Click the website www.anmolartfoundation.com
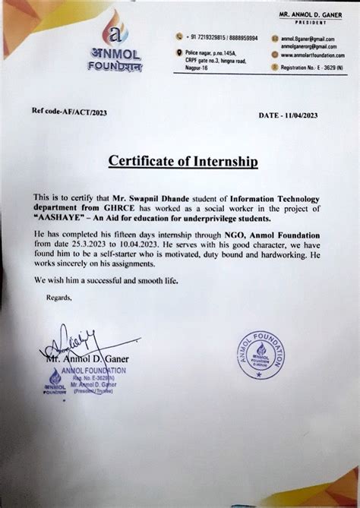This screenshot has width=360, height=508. tap(308, 55)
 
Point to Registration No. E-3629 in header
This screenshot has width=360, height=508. tap(311, 68)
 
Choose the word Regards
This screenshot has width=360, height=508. tap(59, 297)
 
